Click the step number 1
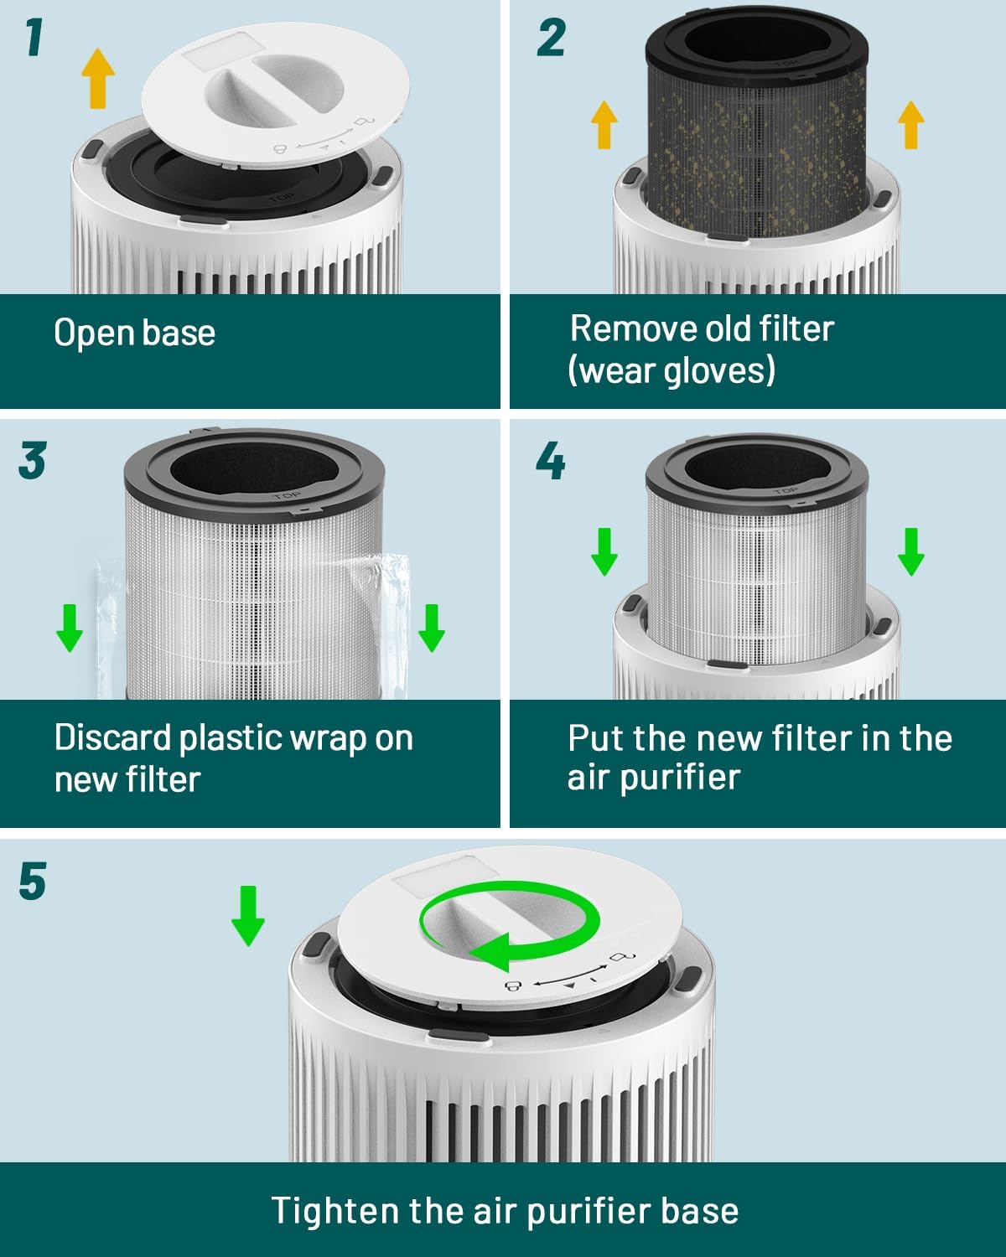(x=33, y=39)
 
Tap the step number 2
(x=551, y=39)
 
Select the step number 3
(x=33, y=462)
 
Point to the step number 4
(x=551, y=462)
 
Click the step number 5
(x=33, y=882)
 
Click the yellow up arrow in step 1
(x=98, y=78)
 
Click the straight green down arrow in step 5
(x=248, y=917)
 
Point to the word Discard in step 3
(x=112, y=738)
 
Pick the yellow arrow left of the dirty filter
(x=604, y=124)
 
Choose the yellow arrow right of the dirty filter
(x=911, y=124)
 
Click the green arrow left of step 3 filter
(x=70, y=628)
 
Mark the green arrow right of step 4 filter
(x=911, y=551)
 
